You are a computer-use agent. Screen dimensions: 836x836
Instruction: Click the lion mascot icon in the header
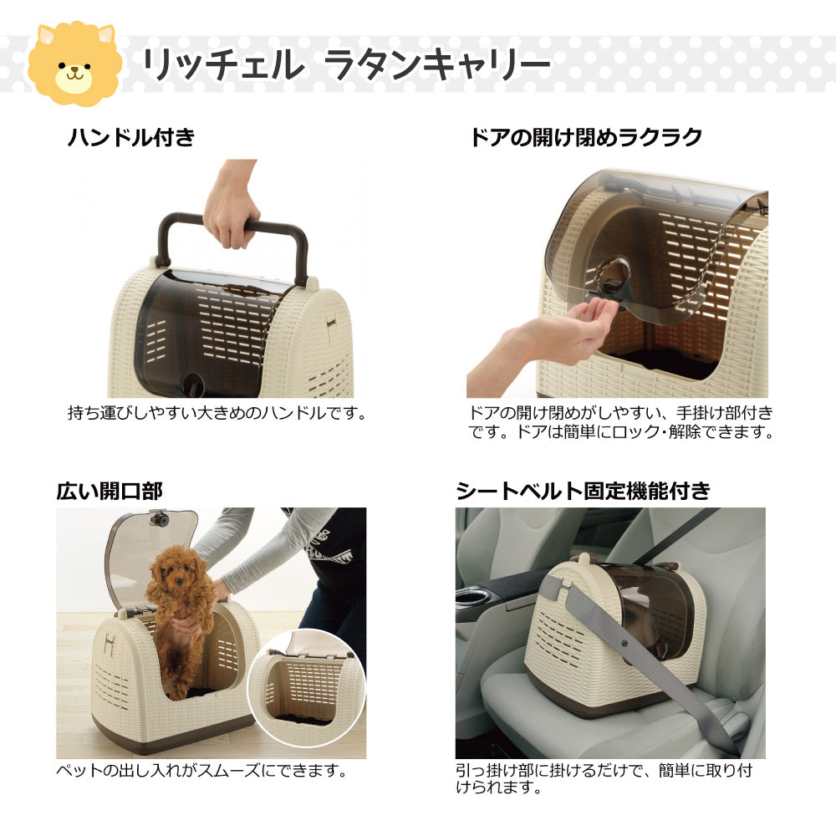tap(74, 65)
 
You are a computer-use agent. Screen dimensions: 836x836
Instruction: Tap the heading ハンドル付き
tap(130, 138)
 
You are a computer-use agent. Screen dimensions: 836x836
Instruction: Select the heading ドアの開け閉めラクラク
tap(585, 138)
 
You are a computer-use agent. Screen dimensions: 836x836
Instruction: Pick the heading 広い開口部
tap(109, 492)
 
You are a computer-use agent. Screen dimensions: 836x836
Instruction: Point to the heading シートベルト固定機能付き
tap(583, 492)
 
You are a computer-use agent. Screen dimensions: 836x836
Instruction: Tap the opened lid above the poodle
tap(150, 543)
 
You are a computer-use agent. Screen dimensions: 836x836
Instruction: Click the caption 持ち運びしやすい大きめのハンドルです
tap(217, 413)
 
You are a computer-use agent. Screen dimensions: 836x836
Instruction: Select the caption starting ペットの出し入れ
tap(201, 770)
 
